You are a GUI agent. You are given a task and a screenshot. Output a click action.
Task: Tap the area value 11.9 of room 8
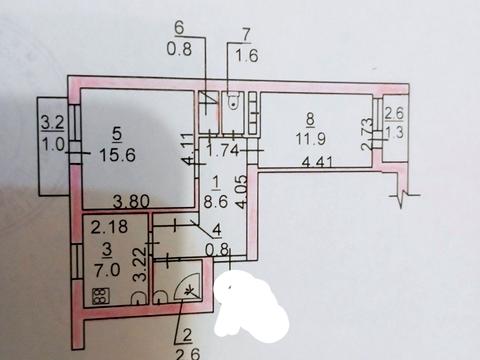coord(311,138)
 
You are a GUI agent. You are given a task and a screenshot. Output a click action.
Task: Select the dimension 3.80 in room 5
coord(131,202)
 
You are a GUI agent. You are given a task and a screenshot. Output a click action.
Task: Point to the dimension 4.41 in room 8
coord(317,163)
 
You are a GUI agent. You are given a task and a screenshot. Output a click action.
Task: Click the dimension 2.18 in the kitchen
coord(109,226)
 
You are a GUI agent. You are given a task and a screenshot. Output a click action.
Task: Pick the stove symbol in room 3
coord(101,296)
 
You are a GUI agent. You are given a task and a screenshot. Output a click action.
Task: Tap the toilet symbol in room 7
coord(233,100)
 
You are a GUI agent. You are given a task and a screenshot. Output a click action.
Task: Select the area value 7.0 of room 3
coord(107,270)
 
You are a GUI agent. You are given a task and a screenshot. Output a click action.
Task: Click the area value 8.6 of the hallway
coord(216,202)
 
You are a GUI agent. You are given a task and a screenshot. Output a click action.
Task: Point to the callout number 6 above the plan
coord(179,28)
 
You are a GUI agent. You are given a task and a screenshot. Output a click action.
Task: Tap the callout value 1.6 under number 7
coord(247,55)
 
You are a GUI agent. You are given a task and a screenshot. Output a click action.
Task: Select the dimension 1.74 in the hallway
coord(223,151)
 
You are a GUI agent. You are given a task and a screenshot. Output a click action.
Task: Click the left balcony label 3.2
coord(52,123)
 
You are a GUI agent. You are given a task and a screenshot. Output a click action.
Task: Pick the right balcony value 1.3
coord(394,132)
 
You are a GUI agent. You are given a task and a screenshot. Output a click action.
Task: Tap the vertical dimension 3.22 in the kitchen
coord(140,264)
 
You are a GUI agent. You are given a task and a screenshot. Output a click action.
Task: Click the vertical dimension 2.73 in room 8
coord(366,134)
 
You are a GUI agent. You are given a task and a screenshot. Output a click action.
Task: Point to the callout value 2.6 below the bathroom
coord(189,353)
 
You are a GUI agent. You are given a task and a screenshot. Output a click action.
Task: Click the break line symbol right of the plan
coord(405,197)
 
